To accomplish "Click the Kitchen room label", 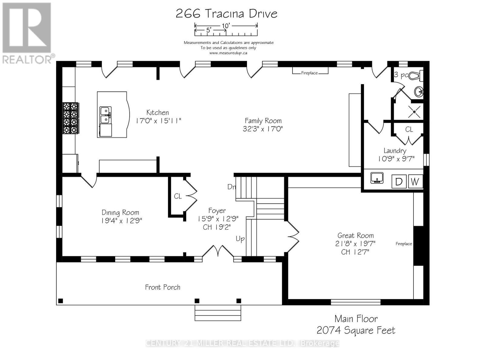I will pos(158,112).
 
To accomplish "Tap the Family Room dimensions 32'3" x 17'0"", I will pos(263,129).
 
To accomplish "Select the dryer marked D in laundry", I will pos(399,182).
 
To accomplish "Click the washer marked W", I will pos(415,182).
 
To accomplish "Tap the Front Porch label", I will pos(162,287).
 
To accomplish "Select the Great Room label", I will pos(356,235).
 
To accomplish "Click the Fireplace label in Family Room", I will pos(309,73).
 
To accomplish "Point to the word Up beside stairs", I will pos(240,239).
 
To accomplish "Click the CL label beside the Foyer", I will pos(178,196).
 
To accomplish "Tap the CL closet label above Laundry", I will pos(409,129).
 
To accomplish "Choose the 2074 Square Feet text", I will pos(356,330).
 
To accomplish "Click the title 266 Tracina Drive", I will pos(226,14).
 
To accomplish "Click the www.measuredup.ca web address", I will pos(228,53).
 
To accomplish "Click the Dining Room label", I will pos(120,212).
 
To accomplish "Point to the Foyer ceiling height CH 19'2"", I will pos(217,227).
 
